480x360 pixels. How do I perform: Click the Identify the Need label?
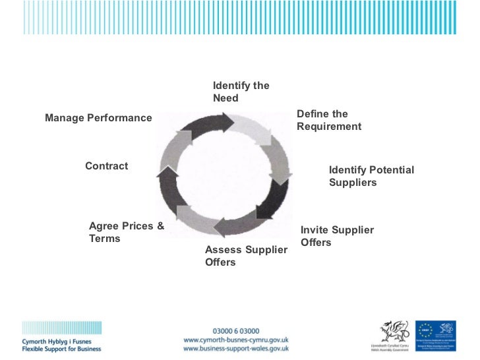pyautogui.click(x=241, y=92)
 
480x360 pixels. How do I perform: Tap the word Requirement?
pyautogui.click(x=329, y=126)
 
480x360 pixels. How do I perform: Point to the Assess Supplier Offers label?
pyautogui.click(x=246, y=256)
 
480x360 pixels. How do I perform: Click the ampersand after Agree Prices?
pyautogui.click(x=160, y=226)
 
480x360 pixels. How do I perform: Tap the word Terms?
pyautogui.click(x=104, y=239)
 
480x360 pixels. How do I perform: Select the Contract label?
pyautogui.click(x=106, y=166)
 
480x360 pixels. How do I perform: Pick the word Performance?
pyautogui.click(x=119, y=118)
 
